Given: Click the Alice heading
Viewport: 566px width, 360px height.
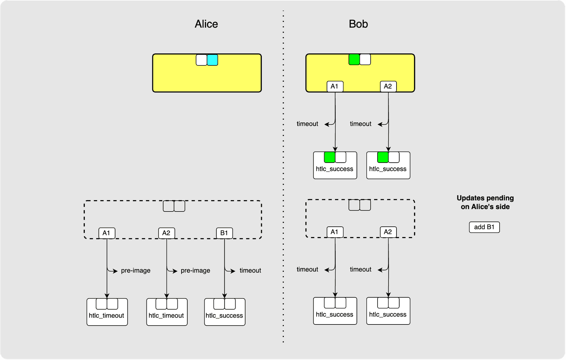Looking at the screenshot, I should (206, 24).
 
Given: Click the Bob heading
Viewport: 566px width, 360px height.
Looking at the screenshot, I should (358, 24).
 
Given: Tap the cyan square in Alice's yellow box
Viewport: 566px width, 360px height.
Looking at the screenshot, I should (213, 60).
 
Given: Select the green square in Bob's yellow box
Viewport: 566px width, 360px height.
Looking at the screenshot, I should (354, 60).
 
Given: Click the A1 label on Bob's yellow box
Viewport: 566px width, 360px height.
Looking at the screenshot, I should (335, 86).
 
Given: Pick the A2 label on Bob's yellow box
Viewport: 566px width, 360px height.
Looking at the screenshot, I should (388, 86).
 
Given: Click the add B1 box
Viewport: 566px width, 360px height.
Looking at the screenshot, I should (484, 227).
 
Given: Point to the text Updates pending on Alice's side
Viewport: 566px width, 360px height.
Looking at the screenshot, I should (485, 202).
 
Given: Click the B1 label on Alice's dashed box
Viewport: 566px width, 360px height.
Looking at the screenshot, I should (224, 233).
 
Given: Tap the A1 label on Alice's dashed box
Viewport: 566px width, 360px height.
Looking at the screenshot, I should (106, 233).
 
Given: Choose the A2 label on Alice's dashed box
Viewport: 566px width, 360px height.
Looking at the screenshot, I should (166, 233).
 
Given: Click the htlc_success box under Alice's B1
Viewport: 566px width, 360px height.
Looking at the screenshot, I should (225, 315).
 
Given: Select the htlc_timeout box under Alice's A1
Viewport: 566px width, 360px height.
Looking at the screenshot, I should (107, 315).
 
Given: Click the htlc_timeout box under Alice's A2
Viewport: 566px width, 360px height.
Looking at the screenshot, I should (167, 315).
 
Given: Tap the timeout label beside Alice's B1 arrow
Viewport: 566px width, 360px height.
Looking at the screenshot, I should (250, 271).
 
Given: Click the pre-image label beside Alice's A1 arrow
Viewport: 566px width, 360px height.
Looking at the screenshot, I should (135, 271).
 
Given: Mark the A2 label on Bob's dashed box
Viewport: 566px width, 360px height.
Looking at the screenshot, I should (388, 232).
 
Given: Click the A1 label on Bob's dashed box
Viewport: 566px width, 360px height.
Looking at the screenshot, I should (335, 232).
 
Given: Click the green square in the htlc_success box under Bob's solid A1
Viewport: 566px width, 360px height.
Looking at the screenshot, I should (330, 157).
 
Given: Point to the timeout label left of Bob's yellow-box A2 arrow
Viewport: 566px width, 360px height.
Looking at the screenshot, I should (360, 124).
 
